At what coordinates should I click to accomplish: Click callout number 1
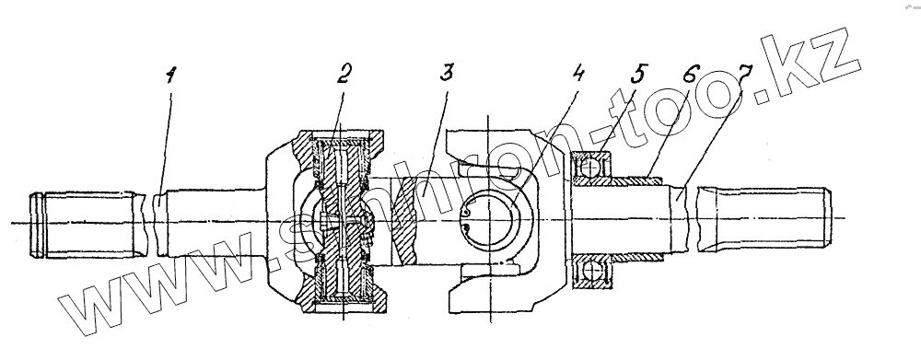[x=170, y=75]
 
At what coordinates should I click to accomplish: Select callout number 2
[x=344, y=74]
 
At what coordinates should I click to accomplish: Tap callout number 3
[x=447, y=74]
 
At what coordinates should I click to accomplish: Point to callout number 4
[x=578, y=74]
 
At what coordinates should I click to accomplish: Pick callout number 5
[x=637, y=74]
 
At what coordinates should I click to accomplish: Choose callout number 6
[x=691, y=75]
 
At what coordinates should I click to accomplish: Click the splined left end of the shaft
[x=88, y=225]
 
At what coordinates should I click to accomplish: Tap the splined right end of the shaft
[x=764, y=219]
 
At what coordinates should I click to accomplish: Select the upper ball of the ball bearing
[x=592, y=168]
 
